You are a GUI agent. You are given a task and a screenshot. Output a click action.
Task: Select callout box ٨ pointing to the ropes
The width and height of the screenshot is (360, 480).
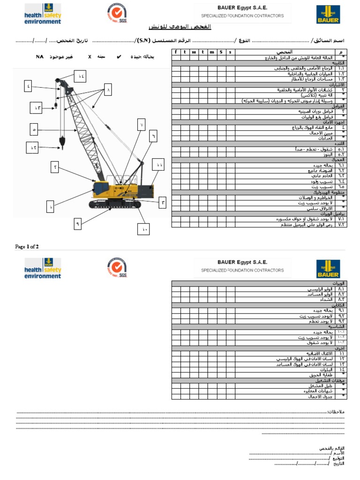pos(108,89)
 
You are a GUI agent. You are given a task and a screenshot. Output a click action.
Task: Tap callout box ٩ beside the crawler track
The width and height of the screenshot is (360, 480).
pos(78,224)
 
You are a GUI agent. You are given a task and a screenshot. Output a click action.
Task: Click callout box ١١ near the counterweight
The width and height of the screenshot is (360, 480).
pos(159,165)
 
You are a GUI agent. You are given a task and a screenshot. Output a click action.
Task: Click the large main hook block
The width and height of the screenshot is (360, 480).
pos(61,141)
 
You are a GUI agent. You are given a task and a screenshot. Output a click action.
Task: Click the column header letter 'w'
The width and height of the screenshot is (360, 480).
pos(194,52)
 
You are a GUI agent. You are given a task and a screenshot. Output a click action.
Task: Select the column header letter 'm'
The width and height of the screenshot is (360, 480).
pos(211,52)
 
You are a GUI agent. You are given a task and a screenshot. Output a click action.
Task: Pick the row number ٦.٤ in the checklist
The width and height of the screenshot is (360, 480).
pos(341,181)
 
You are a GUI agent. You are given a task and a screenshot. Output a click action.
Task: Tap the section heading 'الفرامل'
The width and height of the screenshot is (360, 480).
pos(339,106)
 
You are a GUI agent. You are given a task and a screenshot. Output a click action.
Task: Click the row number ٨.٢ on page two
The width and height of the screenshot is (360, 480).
pos(341,294)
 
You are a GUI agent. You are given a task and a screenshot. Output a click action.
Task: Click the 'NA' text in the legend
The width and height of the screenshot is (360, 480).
pos(40,57)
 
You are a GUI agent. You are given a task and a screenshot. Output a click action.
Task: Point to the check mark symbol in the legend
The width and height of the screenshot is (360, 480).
pos(119,57)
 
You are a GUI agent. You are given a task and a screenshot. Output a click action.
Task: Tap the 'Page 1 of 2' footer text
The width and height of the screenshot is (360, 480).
pos(27,247)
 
